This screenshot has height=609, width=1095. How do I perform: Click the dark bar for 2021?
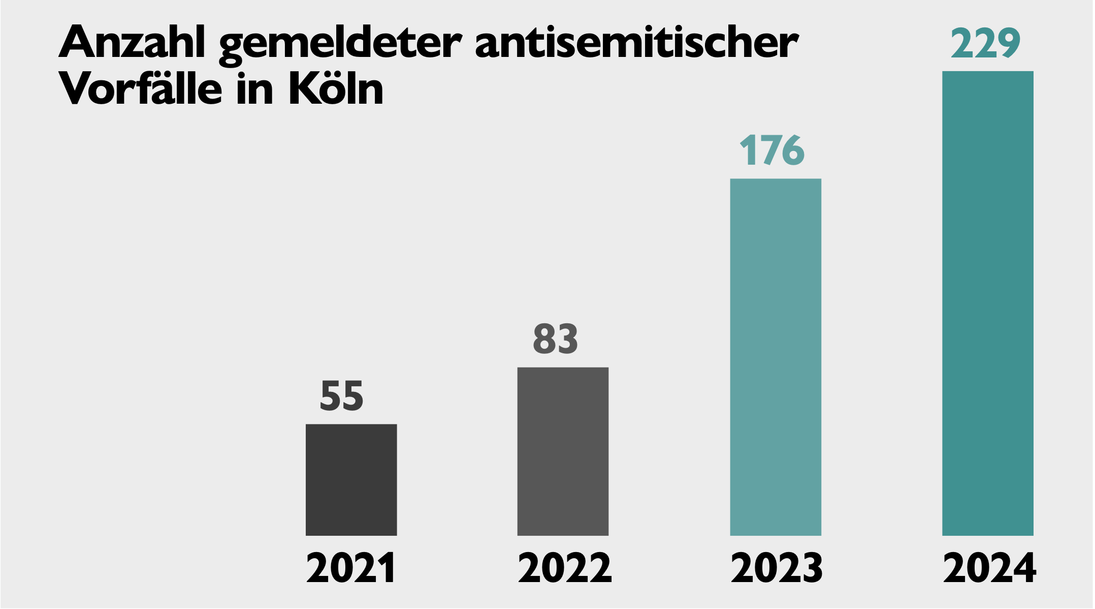coord(351,479)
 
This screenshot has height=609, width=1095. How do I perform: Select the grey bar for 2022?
coord(563,451)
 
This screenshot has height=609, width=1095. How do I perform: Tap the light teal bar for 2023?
coord(776,357)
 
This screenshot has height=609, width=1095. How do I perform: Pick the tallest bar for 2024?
coord(987,303)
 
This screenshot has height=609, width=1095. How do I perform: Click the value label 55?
coord(342,397)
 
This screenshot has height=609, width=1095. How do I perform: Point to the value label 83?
coord(555,339)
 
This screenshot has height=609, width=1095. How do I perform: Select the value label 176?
coord(772,151)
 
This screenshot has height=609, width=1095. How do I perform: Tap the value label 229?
coord(985,44)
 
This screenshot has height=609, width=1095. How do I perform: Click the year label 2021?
coord(351,568)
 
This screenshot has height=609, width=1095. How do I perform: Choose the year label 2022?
coord(565,568)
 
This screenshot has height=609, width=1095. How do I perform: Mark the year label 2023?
coord(777,568)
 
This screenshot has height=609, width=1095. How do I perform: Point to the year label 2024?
coord(989,568)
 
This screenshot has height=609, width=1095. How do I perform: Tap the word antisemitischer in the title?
coord(637,43)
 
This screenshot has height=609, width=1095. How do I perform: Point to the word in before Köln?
coord(255,89)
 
